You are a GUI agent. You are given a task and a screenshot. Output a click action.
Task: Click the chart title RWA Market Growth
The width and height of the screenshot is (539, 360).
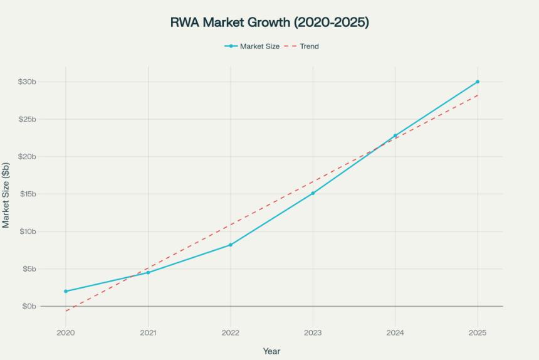pyautogui.click(x=269, y=23)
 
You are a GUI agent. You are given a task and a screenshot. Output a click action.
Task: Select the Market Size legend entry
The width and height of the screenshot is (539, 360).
pyautogui.click(x=252, y=46)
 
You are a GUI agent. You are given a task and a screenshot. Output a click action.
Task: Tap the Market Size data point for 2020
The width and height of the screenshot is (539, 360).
pyautogui.click(x=66, y=291)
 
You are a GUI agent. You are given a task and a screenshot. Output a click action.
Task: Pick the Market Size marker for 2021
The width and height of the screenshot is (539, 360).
pyautogui.click(x=148, y=272)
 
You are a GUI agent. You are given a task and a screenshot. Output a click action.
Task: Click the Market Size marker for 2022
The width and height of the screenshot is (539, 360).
pyautogui.click(x=231, y=245)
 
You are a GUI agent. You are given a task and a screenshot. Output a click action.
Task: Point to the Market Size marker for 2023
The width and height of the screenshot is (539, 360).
pyautogui.click(x=313, y=193)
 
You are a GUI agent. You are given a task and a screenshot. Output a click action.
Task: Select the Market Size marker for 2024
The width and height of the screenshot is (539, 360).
pyautogui.click(x=395, y=135)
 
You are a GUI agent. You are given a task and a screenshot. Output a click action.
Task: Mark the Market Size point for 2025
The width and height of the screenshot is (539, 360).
pyautogui.click(x=478, y=82)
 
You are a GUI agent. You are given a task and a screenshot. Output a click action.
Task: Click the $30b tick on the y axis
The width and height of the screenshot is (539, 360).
pyautogui.click(x=27, y=82)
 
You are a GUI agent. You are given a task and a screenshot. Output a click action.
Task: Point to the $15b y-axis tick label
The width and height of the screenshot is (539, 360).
pyautogui.click(x=27, y=194)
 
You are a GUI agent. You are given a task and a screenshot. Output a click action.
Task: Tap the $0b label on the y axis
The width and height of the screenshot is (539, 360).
pyautogui.click(x=29, y=306)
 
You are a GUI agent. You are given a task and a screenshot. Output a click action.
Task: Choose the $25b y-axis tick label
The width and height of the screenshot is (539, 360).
pyautogui.click(x=27, y=119)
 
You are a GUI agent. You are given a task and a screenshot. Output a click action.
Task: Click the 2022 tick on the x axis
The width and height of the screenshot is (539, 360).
pyautogui.click(x=231, y=332)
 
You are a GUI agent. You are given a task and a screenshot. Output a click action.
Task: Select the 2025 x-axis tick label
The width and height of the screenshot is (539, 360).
pyautogui.click(x=478, y=332)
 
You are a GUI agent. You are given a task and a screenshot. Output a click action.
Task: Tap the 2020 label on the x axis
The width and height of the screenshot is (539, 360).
pyautogui.click(x=66, y=332)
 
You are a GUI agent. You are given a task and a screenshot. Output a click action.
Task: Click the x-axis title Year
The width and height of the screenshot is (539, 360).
pyautogui.click(x=271, y=351)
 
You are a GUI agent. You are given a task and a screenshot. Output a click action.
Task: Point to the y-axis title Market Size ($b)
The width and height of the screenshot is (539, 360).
pyautogui.click(x=6, y=194)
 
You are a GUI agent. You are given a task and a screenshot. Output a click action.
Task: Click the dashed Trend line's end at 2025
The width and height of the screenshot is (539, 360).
pyautogui.click(x=478, y=95)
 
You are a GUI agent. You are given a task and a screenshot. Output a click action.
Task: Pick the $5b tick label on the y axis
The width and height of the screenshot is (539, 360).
pyautogui.click(x=29, y=269)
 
